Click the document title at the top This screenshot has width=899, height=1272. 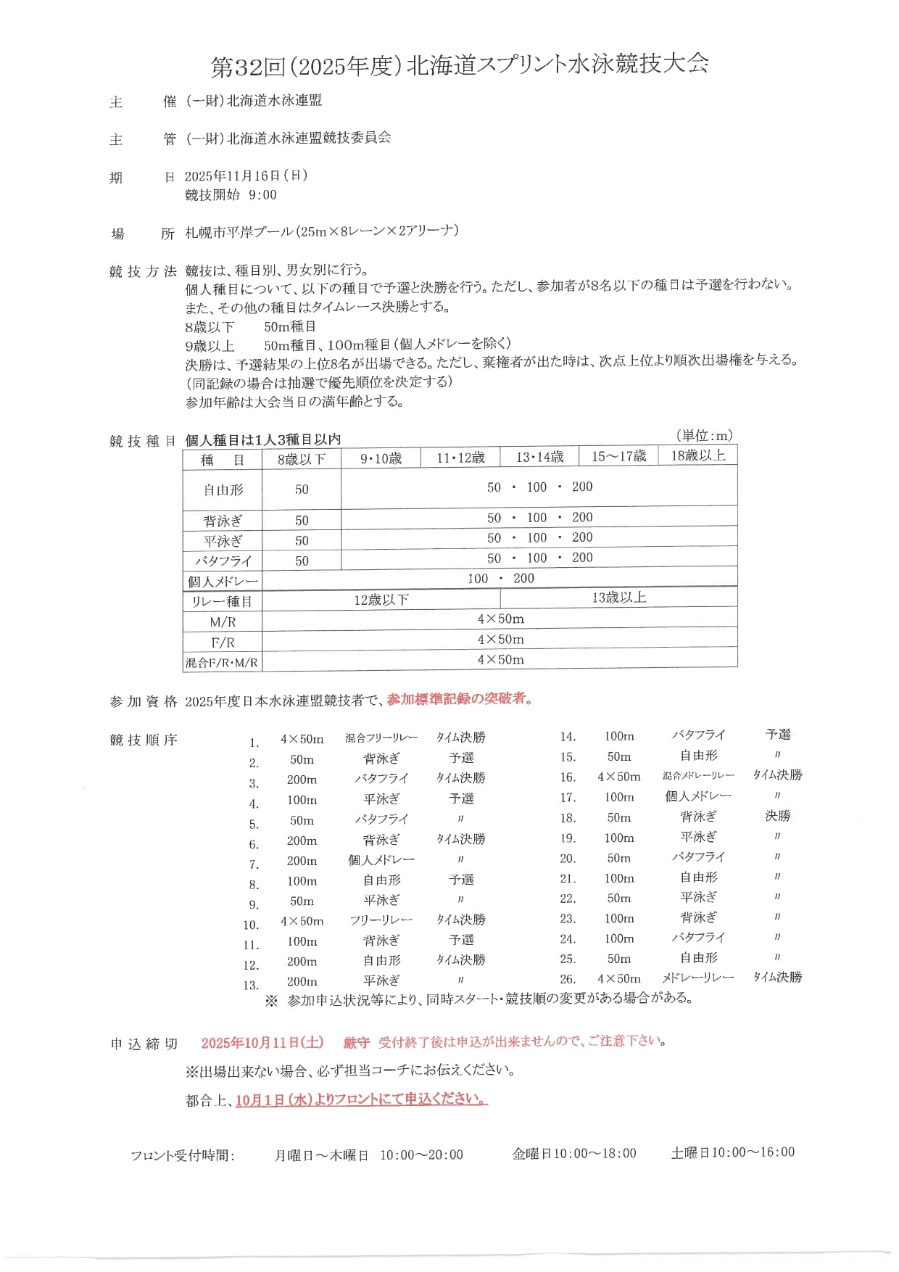pyautogui.click(x=460, y=66)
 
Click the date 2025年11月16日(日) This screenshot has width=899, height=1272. pyautogui.click(x=246, y=175)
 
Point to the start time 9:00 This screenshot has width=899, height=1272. pyautogui.click(x=262, y=194)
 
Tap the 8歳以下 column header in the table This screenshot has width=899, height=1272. pyautogui.click(x=302, y=458)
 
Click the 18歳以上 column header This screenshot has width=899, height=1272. pyautogui.click(x=697, y=455)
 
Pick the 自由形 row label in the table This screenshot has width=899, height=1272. pyautogui.click(x=223, y=490)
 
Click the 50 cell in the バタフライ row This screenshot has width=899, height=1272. pyautogui.click(x=302, y=561)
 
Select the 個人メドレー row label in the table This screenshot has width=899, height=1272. pyautogui.click(x=223, y=581)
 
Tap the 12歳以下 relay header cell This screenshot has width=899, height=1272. pyautogui.click(x=381, y=600)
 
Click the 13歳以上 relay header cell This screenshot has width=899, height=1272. pyautogui.click(x=618, y=598)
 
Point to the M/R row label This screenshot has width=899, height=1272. pyautogui.click(x=223, y=621)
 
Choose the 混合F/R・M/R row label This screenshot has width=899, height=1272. pyautogui.click(x=222, y=662)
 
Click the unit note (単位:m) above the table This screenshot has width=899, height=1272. pyautogui.click(x=704, y=435)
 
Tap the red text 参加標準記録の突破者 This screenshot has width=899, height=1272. pyautogui.click(x=460, y=699)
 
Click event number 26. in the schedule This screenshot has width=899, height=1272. pyautogui.click(x=568, y=978)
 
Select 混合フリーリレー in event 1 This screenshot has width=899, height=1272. pyautogui.click(x=381, y=738)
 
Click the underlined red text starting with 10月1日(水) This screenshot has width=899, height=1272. pyautogui.click(x=361, y=1099)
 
